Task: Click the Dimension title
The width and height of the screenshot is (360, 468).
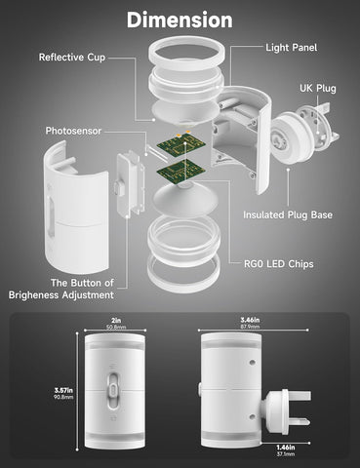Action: click(180, 19)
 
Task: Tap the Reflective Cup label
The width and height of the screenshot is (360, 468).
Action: click(72, 58)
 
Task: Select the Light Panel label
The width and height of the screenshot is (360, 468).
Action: click(292, 48)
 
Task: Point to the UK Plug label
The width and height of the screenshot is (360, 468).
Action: click(318, 89)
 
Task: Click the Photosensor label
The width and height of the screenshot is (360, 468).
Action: click(73, 131)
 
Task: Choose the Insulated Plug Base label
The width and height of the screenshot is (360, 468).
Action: click(288, 214)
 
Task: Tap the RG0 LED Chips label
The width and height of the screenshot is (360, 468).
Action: click(279, 264)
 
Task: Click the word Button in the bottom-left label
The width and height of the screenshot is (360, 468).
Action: click(86, 283)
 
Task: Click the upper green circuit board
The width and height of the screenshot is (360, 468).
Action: click(180, 144)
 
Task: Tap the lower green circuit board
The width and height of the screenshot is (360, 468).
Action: click(180, 172)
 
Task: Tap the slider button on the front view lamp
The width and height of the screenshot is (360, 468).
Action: click(114, 389)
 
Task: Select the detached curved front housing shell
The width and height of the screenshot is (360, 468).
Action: click(76, 208)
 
